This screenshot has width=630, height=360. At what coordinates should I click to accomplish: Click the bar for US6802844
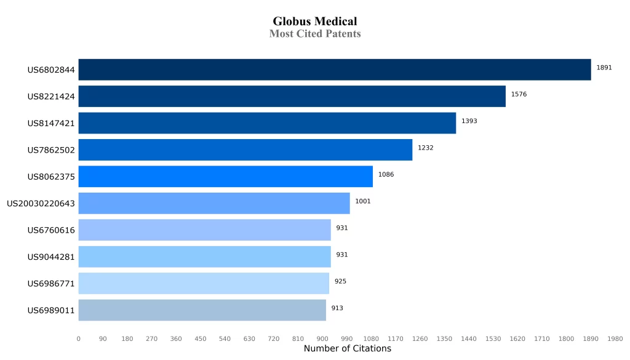335,70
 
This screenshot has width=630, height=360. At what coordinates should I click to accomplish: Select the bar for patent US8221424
292,96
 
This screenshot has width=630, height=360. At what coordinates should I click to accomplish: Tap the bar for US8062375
225,177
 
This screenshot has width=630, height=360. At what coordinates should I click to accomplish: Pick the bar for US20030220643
214,203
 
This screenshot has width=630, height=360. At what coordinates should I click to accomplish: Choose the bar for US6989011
202,310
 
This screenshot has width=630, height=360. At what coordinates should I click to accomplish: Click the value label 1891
604,68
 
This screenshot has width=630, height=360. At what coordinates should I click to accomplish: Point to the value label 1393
469,121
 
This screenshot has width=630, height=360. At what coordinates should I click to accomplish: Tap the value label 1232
425,148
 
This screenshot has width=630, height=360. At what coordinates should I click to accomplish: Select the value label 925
340,281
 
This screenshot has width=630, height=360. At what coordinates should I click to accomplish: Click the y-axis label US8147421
51,123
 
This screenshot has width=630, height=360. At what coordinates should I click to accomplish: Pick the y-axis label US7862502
51,150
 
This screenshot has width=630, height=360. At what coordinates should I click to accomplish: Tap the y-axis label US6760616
51,230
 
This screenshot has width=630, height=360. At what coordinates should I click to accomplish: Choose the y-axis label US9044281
51,257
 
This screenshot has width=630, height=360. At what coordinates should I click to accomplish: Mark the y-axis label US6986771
51,284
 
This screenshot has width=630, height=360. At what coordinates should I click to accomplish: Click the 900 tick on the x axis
322,338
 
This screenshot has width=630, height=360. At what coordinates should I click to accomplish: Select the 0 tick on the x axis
78,338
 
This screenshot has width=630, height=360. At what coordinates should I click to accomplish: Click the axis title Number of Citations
347,349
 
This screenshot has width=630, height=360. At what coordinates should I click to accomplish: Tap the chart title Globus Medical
315,22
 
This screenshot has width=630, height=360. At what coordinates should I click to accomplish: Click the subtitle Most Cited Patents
315,34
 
